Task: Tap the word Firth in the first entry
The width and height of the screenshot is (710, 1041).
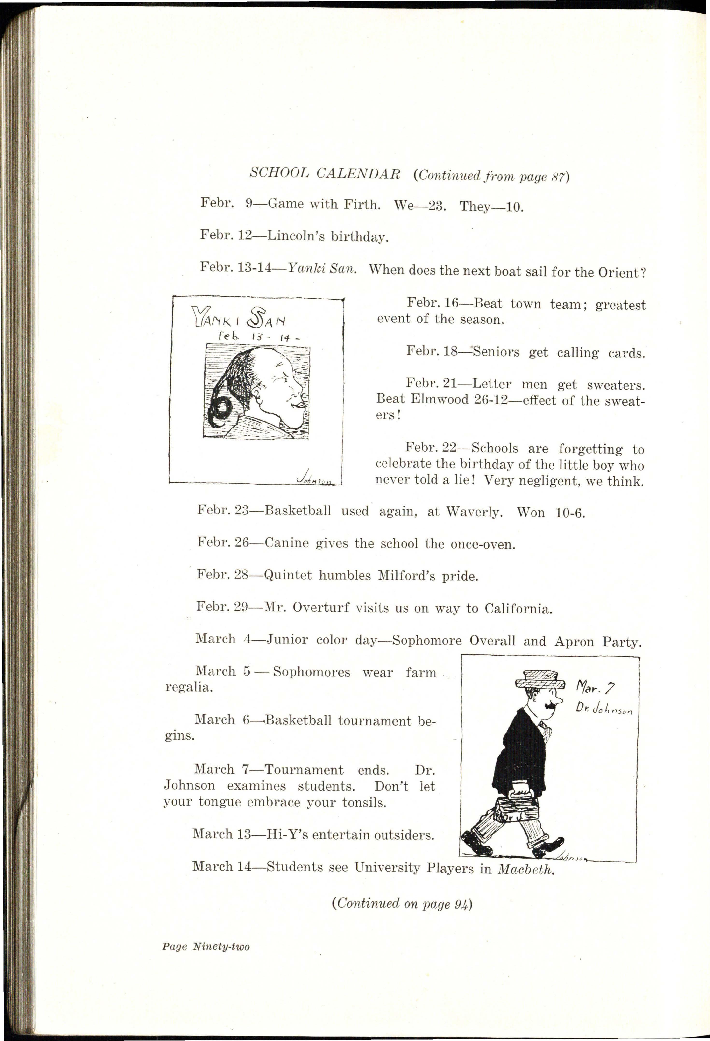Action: tap(362, 205)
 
